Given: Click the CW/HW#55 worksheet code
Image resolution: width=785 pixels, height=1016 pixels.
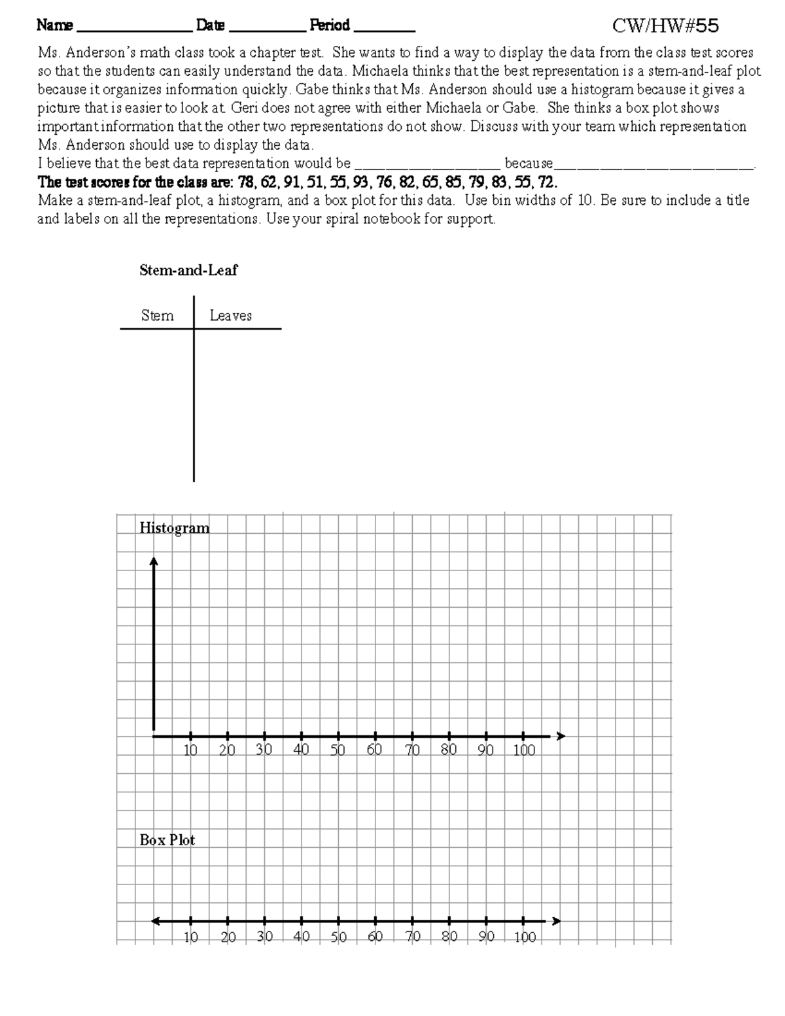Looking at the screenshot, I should tap(665, 26).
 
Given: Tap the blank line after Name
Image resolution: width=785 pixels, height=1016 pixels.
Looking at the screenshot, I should tap(134, 29).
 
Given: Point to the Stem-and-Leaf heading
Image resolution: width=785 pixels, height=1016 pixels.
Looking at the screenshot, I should tap(188, 270).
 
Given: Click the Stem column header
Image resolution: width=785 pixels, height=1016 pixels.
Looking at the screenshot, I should tap(157, 315).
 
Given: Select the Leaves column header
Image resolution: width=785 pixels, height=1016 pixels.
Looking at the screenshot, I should tap(230, 315).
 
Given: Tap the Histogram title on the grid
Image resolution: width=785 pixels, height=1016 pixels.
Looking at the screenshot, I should tap(174, 528).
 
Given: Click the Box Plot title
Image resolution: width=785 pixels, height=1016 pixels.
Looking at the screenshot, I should tap(167, 840).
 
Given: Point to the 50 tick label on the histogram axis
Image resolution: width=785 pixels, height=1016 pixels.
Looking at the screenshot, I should tap(338, 750).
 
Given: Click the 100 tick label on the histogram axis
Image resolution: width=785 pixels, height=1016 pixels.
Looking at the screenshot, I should tap(523, 750).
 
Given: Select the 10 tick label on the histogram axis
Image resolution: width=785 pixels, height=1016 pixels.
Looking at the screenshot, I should tap(190, 750).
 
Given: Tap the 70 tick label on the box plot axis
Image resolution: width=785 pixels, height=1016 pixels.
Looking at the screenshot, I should tap(412, 937).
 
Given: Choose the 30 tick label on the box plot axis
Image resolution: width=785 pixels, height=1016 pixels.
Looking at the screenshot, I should tap(264, 937).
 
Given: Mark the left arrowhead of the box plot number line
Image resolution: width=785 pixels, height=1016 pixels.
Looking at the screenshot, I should tap(156, 921).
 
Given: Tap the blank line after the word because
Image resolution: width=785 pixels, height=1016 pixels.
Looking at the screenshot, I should tap(654, 165).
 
